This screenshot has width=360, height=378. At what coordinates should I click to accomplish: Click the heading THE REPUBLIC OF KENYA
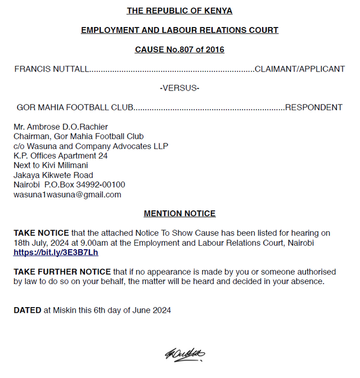pyautogui.click(x=179, y=11)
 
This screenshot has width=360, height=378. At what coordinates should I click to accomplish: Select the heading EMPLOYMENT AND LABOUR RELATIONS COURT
pyautogui.click(x=179, y=30)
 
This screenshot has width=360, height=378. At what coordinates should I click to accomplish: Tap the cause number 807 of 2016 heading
pyautogui.click(x=179, y=49)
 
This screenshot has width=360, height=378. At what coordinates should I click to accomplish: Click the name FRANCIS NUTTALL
pyautogui.click(x=51, y=69)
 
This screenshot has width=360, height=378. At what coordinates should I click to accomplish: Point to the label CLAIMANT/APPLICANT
pyautogui.click(x=300, y=69)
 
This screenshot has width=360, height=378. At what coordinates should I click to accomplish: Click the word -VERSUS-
pyautogui.click(x=179, y=88)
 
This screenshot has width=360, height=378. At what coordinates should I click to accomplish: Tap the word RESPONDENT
pyautogui.click(x=313, y=107)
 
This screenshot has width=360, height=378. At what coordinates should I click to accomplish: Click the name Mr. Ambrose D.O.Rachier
pyautogui.click(x=61, y=127)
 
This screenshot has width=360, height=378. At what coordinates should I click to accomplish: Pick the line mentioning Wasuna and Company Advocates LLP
pyautogui.click(x=91, y=146)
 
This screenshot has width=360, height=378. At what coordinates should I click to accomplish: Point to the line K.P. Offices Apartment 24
pyautogui.click(x=61, y=156)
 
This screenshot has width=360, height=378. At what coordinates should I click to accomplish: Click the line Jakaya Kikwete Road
pyautogui.click(x=53, y=175)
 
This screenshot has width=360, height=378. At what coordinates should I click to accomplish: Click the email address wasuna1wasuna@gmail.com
pyautogui.click(x=67, y=195)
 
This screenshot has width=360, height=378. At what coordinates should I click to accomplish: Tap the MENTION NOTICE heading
pyautogui.click(x=179, y=214)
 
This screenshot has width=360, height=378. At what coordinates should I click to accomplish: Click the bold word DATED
pyautogui.click(x=28, y=310)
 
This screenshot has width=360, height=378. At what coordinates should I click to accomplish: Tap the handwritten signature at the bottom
pyautogui.click(x=184, y=354)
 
